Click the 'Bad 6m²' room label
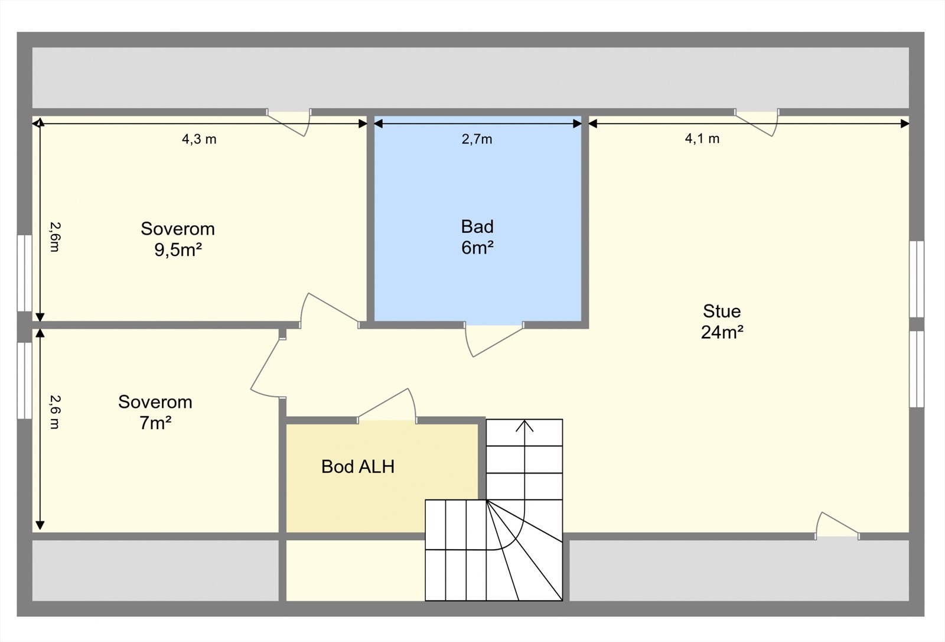click(477, 236)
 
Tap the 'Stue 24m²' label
click(722, 322)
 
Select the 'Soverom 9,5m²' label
click(178, 239)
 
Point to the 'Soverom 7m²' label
click(155, 412)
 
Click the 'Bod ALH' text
click(358, 466)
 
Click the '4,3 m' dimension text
click(199, 140)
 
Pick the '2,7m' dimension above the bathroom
click(477, 140)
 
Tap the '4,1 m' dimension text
click(702, 139)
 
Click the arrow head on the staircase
click(524, 425)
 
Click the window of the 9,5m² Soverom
click(24, 273)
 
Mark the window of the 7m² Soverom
click(24, 380)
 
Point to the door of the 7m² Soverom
click(265, 365)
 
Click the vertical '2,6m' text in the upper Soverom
click(54, 236)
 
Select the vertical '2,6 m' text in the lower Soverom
click(54, 411)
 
